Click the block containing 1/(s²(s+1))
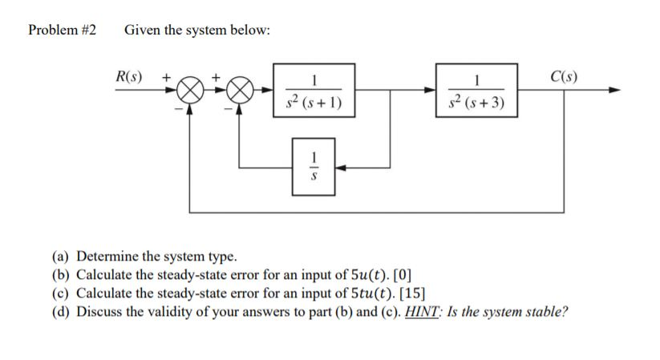tap(315, 91)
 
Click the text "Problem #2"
tap(62, 30)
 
